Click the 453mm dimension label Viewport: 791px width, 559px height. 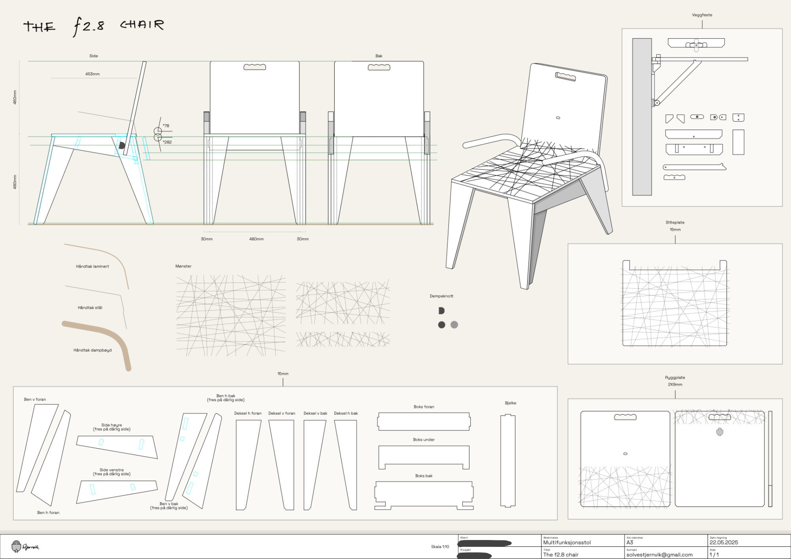click(x=92, y=74)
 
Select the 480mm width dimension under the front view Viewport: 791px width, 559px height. click(x=256, y=239)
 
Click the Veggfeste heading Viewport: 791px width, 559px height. click(x=702, y=15)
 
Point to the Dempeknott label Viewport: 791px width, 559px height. click(x=441, y=296)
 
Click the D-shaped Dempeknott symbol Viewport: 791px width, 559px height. click(x=441, y=311)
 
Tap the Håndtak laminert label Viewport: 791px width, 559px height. click(x=92, y=266)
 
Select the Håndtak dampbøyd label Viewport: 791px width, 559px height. click(x=92, y=350)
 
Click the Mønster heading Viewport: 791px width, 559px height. click(x=183, y=266)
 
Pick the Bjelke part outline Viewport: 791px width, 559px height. click(x=508, y=461)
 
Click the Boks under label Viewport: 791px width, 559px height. click(x=424, y=440)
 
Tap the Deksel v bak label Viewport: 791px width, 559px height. click(x=315, y=414)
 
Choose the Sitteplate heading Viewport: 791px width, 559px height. click(x=675, y=223)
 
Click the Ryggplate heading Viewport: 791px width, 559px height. click(x=675, y=378)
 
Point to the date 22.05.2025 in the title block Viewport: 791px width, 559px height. click(x=723, y=542)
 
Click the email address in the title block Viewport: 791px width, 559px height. click(x=659, y=555)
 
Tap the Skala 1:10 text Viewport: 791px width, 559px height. click(x=440, y=547)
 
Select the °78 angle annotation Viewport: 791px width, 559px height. click(x=166, y=126)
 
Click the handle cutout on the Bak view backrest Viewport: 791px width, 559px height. click(x=379, y=67)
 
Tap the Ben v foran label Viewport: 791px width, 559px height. click(x=35, y=399)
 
